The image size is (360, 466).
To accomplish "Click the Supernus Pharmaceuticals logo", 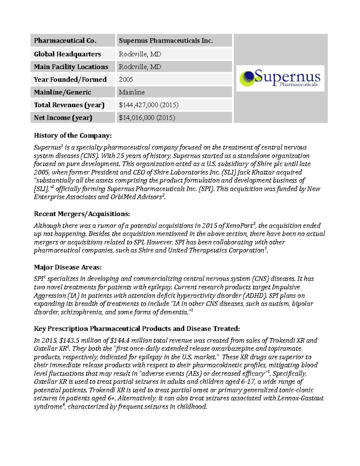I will pyautogui.click(x=280, y=78).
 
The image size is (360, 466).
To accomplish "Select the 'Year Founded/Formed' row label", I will pyautogui.click(x=70, y=80).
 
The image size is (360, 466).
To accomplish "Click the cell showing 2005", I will pyautogui.click(x=126, y=80).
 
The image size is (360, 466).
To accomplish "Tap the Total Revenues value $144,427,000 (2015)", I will pyautogui.click(x=148, y=105).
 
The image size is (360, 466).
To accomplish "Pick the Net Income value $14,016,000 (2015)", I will pyautogui.click(x=147, y=118).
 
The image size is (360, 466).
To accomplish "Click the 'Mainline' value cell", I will pyautogui.click(x=132, y=92).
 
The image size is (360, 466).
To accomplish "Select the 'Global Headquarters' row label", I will pyautogui.click(x=67, y=54).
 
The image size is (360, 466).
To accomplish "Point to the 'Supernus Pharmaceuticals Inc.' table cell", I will pyautogui.click(x=166, y=41).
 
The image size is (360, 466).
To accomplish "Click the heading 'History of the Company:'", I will pyautogui.click(x=73, y=136).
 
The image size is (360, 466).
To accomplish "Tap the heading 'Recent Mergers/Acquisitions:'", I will pyautogui.click(x=82, y=214).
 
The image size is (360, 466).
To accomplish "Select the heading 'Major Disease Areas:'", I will pyautogui.click(x=67, y=267).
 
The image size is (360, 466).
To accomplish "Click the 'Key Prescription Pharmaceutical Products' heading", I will pyautogui.click(x=137, y=329).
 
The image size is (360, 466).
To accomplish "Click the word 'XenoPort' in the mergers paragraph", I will pyautogui.click(x=239, y=226).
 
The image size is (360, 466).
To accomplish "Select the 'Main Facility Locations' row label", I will pyautogui.click(x=71, y=67).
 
